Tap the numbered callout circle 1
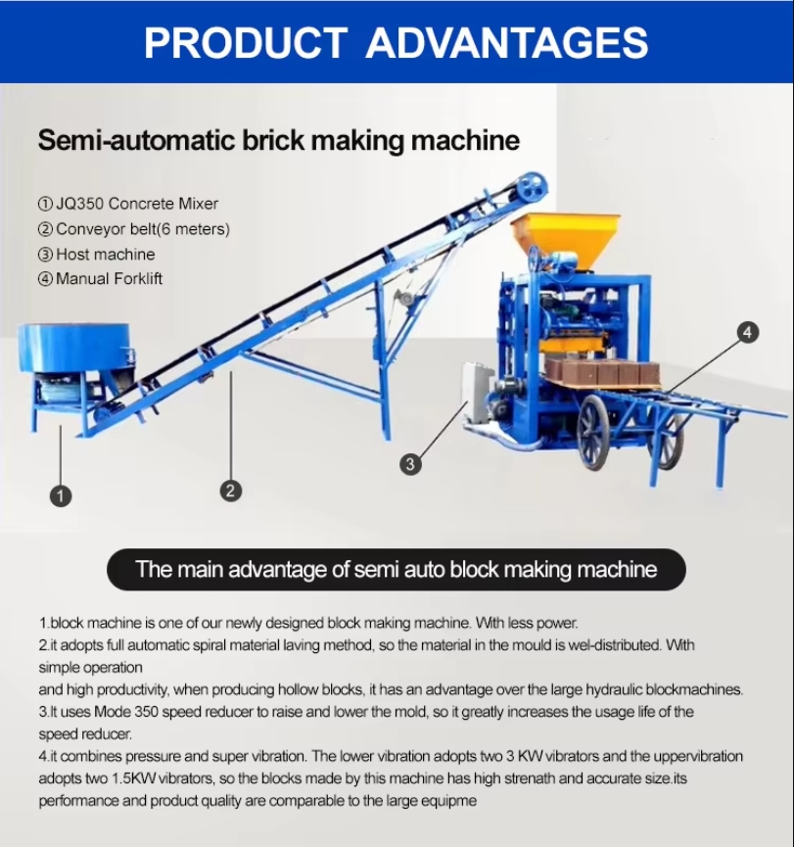(61, 495)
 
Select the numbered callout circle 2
(231, 491)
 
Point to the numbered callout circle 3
(410, 464)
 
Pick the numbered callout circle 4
(748, 332)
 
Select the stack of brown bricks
(602, 373)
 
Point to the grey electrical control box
(478, 393)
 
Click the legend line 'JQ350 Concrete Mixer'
(128, 204)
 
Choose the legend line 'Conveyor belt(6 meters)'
(133, 229)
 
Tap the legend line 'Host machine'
(96, 254)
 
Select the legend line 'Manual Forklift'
(100, 279)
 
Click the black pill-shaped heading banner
(397, 569)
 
